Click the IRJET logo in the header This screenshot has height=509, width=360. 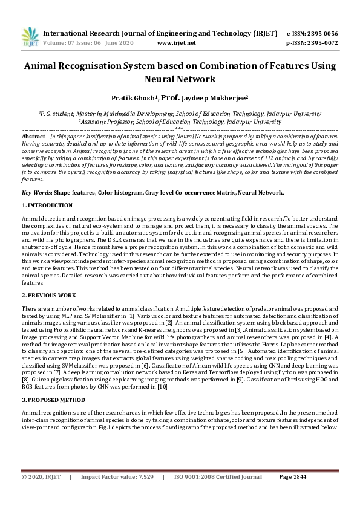(30, 36)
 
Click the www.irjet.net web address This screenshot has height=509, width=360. (176, 43)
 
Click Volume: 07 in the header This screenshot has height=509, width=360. (58, 43)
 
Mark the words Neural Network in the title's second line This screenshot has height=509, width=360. (179, 79)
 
